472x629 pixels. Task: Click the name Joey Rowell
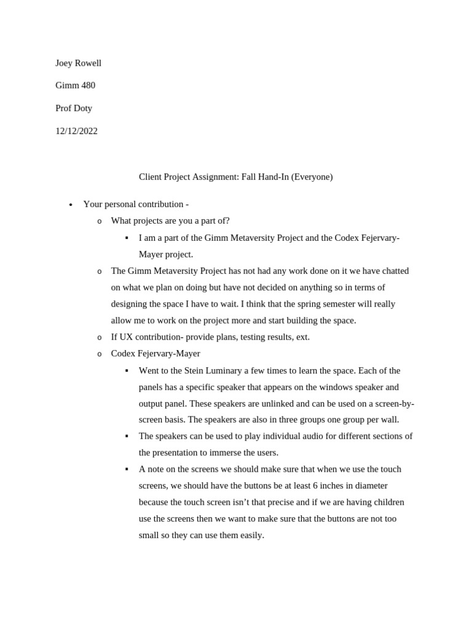click(x=78, y=63)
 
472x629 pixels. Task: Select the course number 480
click(x=88, y=85)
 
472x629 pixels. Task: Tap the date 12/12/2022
click(x=76, y=131)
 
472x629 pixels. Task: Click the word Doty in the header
click(x=84, y=108)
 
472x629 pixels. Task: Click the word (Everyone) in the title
click(x=312, y=177)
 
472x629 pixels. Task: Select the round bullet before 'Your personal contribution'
click(x=71, y=205)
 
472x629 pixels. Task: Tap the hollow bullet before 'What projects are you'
click(x=100, y=221)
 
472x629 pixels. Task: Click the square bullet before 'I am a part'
click(x=127, y=238)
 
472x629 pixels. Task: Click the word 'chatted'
click(x=393, y=271)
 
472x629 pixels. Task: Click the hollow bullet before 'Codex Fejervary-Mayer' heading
click(x=100, y=354)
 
